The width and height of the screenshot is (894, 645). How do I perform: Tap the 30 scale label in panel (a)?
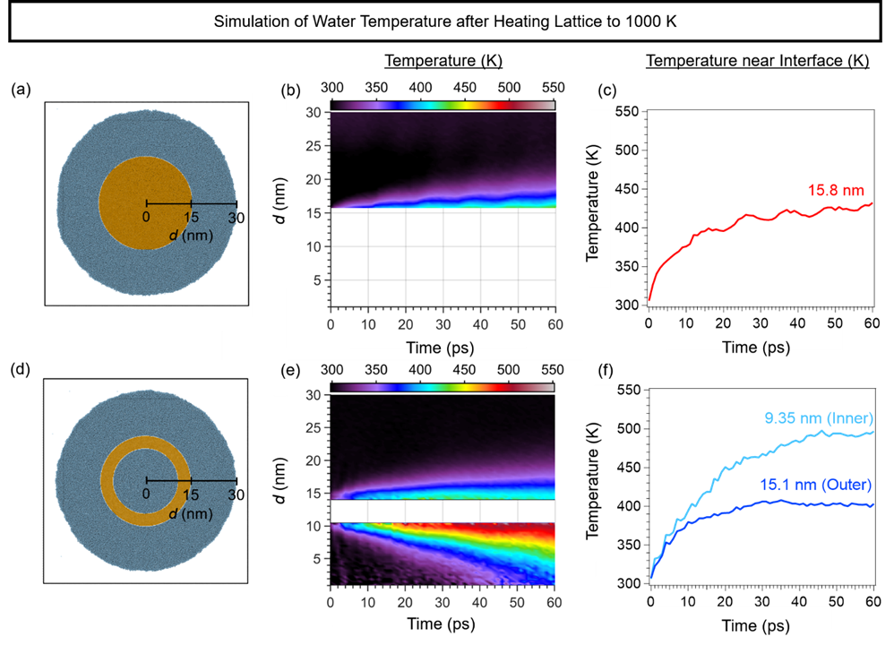236,218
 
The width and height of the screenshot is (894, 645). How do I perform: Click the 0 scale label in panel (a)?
147,218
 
